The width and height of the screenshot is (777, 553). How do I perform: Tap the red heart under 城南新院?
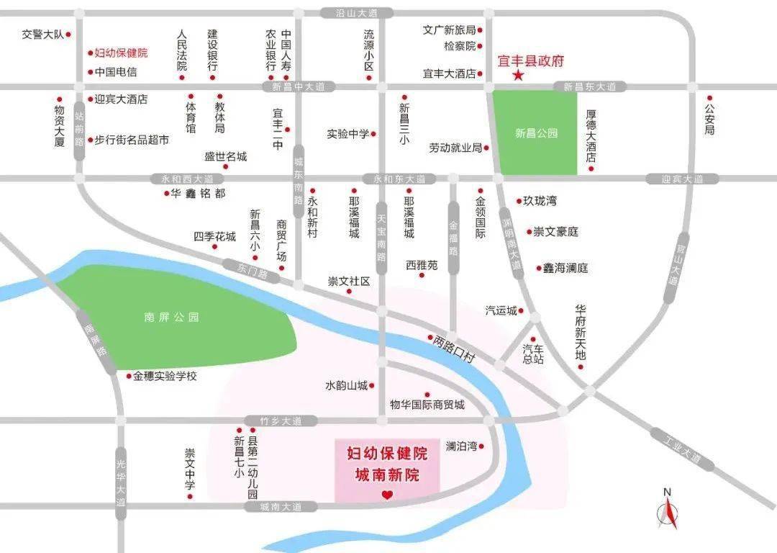pos(387,495)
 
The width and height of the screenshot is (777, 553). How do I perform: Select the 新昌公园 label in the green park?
pos(536,132)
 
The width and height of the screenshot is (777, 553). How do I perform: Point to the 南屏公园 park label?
pos(171,317)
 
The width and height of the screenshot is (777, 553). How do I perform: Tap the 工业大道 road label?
pos(683,449)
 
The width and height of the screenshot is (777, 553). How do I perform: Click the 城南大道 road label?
pos(281,507)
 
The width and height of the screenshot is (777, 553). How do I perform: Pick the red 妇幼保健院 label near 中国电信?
pos(121,53)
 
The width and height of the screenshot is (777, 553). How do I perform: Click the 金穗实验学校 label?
pos(165,376)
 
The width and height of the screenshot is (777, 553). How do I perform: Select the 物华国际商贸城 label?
pos(427,405)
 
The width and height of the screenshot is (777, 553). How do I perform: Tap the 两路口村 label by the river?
pos(455,347)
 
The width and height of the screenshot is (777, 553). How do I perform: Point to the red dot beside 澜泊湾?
pos(481,446)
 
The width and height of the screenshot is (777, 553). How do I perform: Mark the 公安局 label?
pos(709,120)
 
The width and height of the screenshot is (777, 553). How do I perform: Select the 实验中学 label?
pos(348,134)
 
